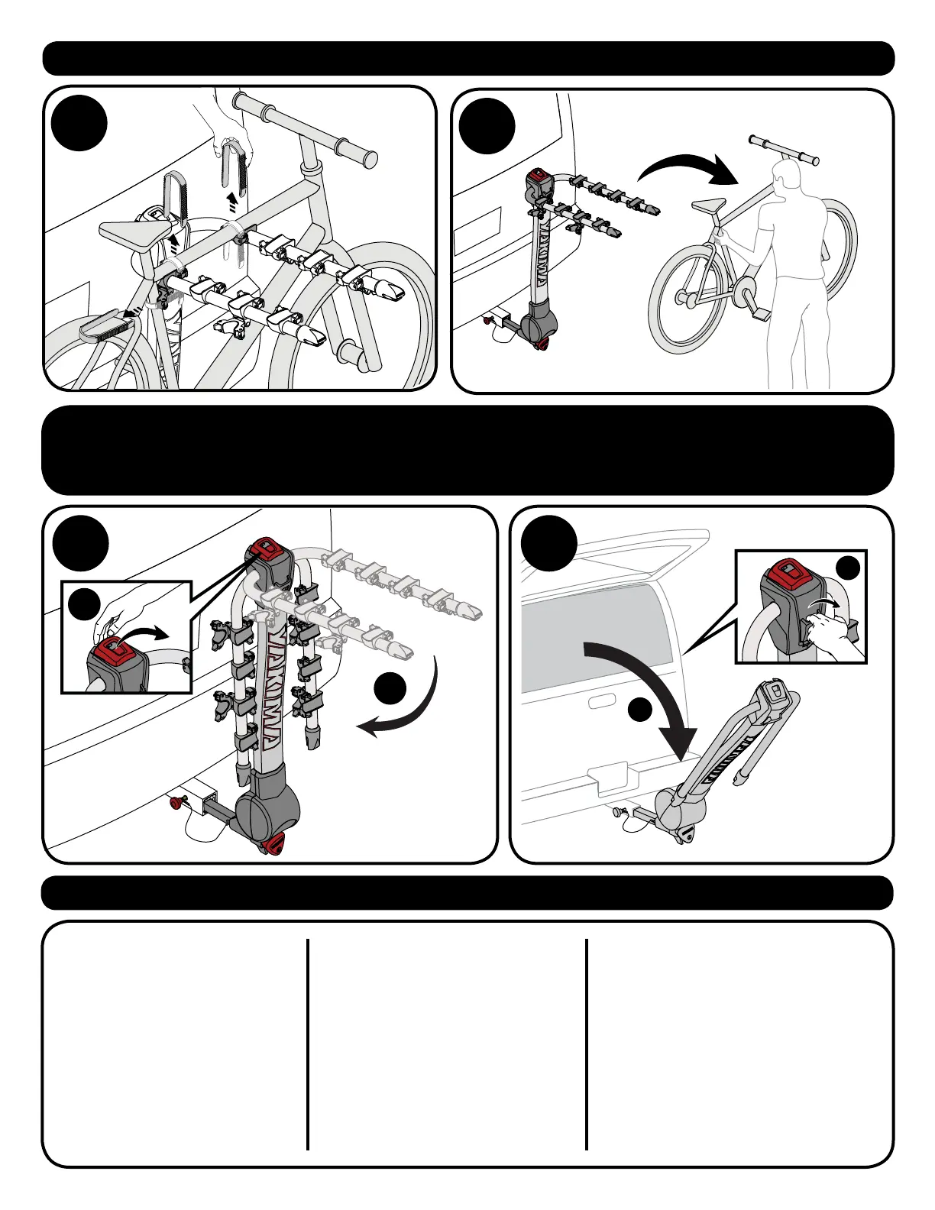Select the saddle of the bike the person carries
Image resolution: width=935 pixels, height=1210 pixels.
click(x=708, y=205)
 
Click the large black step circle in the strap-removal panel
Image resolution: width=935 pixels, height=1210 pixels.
click(x=80, y=128)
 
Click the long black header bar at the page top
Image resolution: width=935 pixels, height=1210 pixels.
click(x=467, y=59)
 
